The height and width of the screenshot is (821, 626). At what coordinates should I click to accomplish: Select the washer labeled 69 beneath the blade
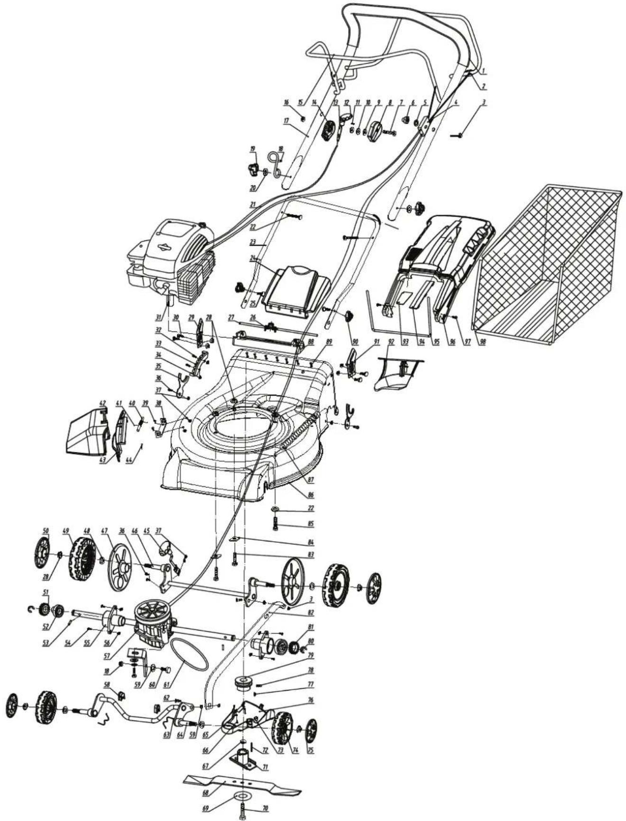click(x=242, y=796)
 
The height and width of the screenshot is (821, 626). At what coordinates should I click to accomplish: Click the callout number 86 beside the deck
click(x=311, y=495)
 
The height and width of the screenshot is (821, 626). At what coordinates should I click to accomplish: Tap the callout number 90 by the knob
click(x=356, y=342)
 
